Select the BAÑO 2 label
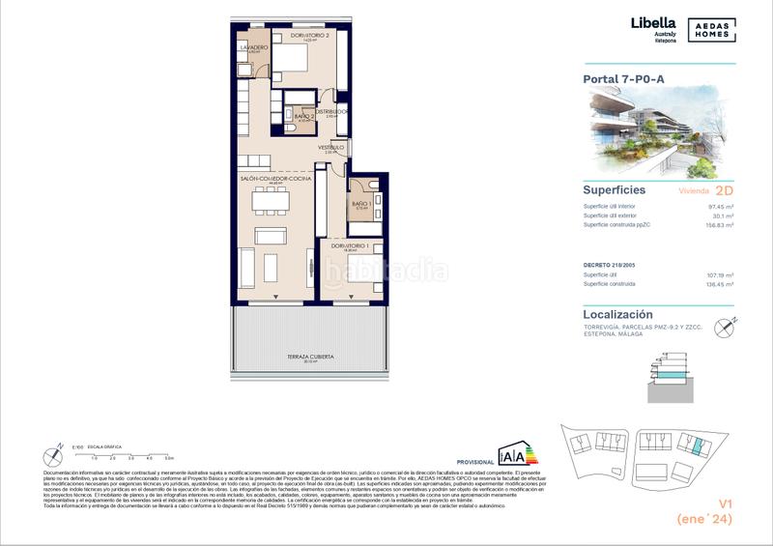pos(303,116)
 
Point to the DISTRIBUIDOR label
pos(334,110)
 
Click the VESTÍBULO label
pos(331,147)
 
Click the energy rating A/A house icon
pos(511,454)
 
